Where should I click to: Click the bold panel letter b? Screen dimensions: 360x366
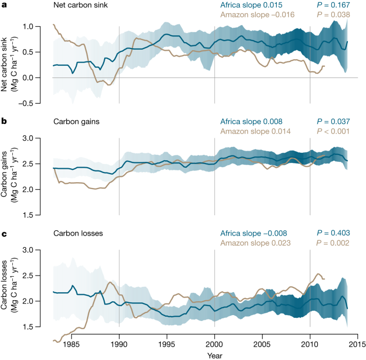[x=4, y=121]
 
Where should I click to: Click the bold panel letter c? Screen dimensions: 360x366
[x=4, y=233]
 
